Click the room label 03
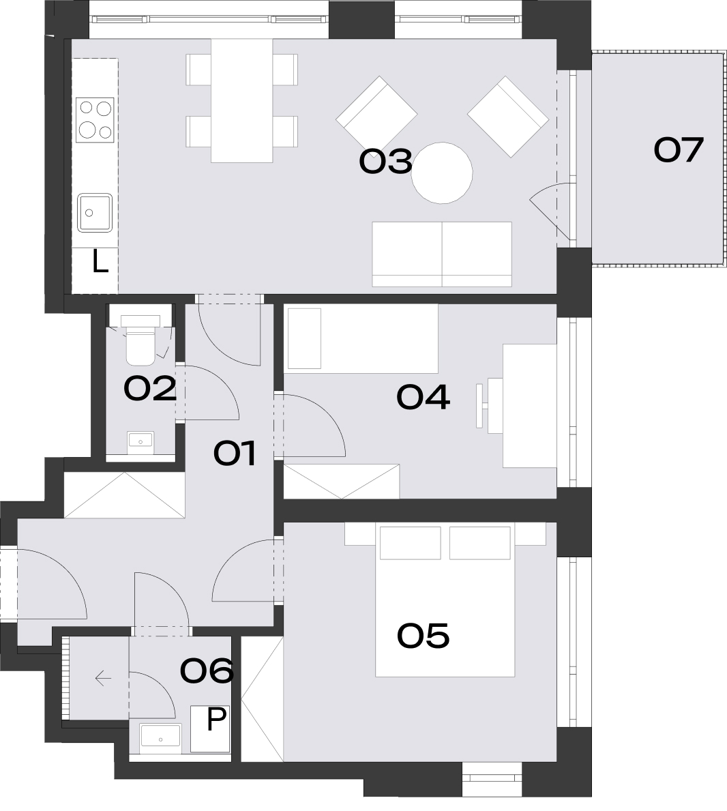pos(386,161)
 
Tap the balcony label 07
pos(679,149)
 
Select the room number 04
pos(423,398)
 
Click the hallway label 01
pos(235,454)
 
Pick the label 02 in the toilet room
pos(150,389)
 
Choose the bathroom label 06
pos(207,671)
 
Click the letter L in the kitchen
pos(100,262)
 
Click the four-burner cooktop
pos(95,120)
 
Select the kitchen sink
pos(95,213)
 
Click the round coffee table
pos(442,173)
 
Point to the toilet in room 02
pos(140,340)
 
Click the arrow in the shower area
pos(104,677)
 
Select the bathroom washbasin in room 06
pos(160,739)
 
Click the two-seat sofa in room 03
pos(442,254)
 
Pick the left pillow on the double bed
pos(411,543)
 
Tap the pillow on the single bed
pos(305,338)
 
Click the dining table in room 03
pos(242,101)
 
